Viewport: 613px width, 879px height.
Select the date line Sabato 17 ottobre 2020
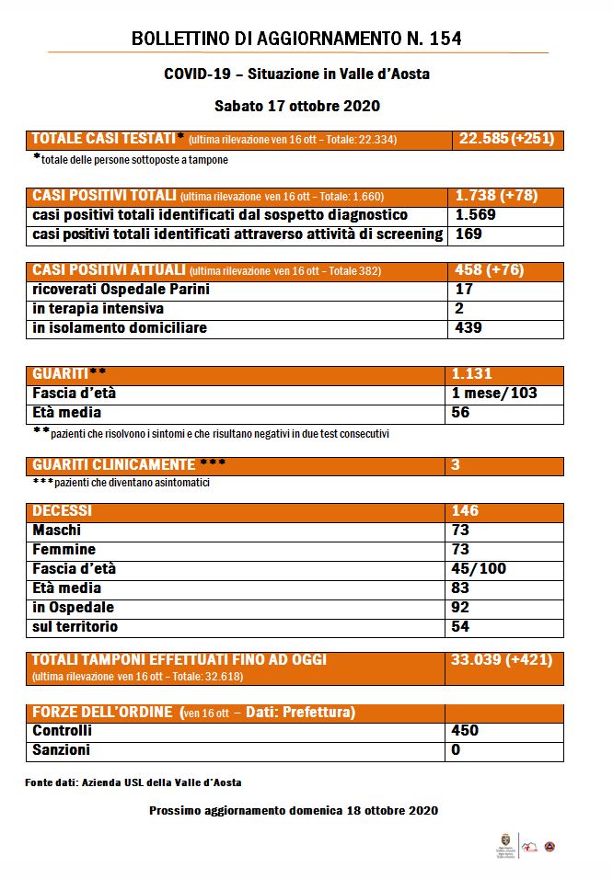pos(297,106)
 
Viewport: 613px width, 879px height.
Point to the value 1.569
pos(476,215)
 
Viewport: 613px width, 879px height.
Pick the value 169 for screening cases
pos(468,234)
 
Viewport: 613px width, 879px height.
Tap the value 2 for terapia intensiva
pos(459,309)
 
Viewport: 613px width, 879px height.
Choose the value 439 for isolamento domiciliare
pos(469,328)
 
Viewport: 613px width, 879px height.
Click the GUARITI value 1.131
pos(471,374)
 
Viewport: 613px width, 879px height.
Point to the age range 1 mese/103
pos(494,394)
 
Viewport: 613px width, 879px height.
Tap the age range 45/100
pos(479,569)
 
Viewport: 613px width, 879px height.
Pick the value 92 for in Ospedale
pos(460,608)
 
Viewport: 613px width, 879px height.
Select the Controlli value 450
pos(465,731)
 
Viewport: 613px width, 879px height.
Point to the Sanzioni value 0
pos(457,750)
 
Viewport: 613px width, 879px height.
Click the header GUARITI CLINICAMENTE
pos(114,465)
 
